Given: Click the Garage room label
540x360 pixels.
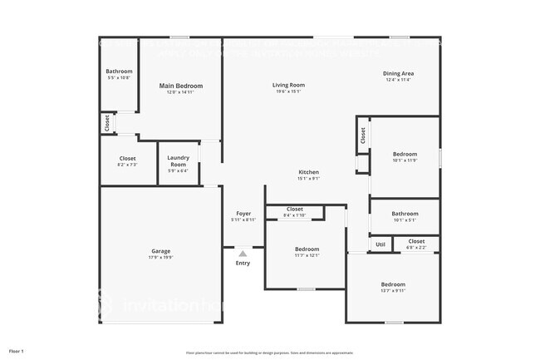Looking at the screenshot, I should tap(161, 250).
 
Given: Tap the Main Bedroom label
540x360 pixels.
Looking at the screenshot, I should tap(181, 86).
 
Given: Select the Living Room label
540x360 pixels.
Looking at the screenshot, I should tap(289, 85).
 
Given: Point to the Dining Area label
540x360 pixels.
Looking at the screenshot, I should tap(399, 73).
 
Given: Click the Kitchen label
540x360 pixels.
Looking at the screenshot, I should tap(309, 172).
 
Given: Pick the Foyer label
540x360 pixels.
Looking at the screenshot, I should tap(243, 213).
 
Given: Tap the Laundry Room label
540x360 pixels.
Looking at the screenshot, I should tap(179, 160).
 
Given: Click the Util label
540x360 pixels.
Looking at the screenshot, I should tap(380, 244).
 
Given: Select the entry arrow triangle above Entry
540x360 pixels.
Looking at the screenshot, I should tap(243, 254).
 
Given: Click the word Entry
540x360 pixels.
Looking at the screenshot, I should tap(243, 264).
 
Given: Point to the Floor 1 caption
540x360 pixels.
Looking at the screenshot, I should tap(17, 351).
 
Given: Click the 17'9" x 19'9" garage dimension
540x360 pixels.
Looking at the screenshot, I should tap(161, 257).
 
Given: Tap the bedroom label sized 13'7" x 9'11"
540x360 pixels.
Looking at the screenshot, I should tap(393, 284).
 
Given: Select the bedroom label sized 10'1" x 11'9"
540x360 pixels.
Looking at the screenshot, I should tap(405, 154).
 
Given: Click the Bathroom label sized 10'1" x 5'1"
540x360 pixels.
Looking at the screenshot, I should tap(405, 214).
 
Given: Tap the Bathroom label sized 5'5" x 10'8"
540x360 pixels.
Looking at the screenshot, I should tap(119, 72).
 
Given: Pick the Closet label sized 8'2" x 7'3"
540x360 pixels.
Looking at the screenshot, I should tap(127, 158).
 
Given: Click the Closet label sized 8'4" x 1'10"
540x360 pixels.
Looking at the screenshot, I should tap(295, 209).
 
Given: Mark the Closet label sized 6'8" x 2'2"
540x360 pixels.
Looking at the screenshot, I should tap(416, 241).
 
